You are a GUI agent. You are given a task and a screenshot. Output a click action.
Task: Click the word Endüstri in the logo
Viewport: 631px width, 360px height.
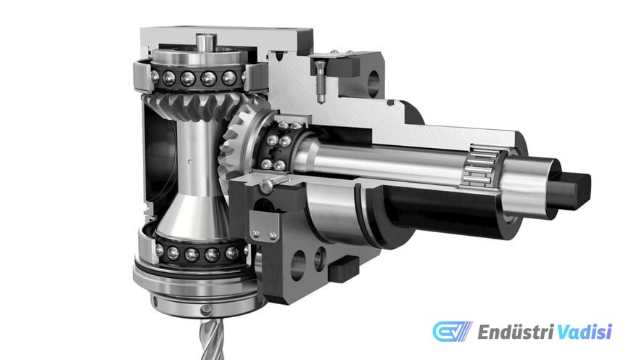(x=516, y=332)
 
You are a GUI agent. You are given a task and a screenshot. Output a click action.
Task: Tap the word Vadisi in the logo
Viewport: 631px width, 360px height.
(x=585, y=332)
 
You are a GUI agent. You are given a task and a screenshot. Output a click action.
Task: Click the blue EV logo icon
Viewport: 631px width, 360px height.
(x=453, y=332)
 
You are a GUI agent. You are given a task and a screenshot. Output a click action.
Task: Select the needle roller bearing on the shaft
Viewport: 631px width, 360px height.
(x=482, y=166)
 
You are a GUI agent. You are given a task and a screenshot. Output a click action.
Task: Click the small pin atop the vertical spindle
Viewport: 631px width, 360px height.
(x=206, y=42)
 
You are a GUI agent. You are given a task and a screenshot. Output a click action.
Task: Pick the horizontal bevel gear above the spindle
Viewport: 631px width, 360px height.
(x=197, y=105)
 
